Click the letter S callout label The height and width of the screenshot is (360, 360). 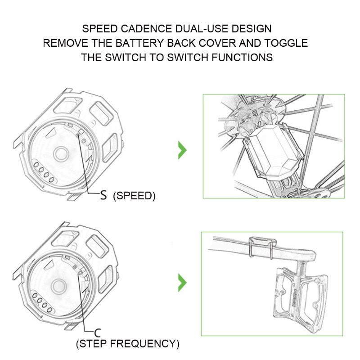[103, 195]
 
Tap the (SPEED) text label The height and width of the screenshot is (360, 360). [134, 196]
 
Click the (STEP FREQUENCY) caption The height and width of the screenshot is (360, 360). [128, 345]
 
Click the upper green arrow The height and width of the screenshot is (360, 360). [182, 150]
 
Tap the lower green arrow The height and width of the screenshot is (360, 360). [182, 283]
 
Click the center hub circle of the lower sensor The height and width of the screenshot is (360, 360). [58, 285]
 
